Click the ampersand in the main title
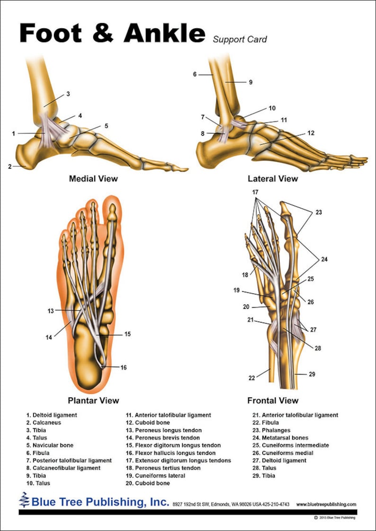[x=103, y=33]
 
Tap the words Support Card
[x=240, y=40]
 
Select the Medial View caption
[x=94, y=178]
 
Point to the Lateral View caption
[x=273, y=178]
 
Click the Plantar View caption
[x=94, y=400]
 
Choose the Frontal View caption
[x=273, y=400]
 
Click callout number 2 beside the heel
[x=10, y=166]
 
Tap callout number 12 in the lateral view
[x=311, y=133]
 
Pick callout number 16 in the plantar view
[x=124, y=367]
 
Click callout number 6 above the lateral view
[x=195, y=74]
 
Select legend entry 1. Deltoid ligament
[x=52, y=415]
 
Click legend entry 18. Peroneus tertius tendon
[x=163, y=468]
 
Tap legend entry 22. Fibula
[x=266, y=423]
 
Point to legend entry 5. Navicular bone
[x=50, y=445]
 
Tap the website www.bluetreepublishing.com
[x=326, y=505]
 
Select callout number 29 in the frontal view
[x=312, y=374]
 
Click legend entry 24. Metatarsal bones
[x=280, y=438]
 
